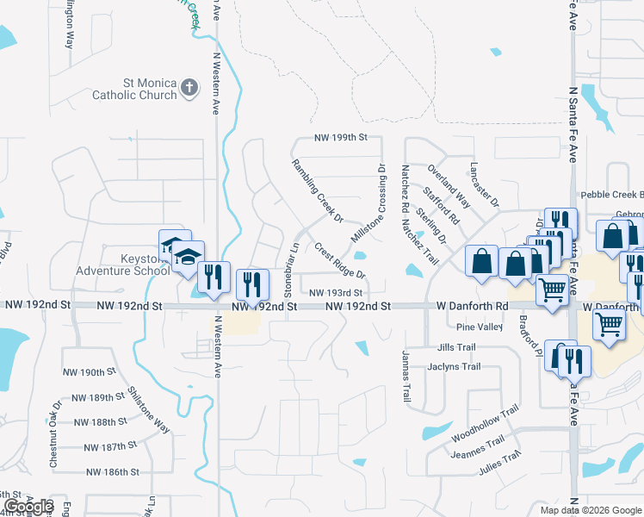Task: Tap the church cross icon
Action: click(x=189, y=88)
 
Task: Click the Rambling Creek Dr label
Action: click(x=317, y=190)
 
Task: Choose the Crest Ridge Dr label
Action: click(x=341, y=261)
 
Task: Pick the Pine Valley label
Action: click(x=479, y=327)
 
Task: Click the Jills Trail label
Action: click(x=456, y=347)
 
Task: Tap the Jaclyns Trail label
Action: click(x=454, y=367)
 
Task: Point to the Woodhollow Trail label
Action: click(x=486, y=423)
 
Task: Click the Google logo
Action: click(x=28, y=507)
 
